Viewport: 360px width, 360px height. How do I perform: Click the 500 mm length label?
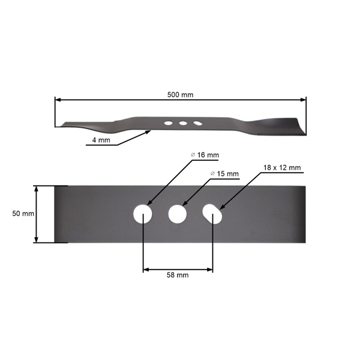click(x=181, y=95)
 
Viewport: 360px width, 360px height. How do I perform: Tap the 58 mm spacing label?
click(x=177, y=275)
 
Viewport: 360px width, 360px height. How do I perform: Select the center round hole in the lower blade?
click(x=178, y=214)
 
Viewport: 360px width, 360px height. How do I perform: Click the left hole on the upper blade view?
click(x=168, y=124)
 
